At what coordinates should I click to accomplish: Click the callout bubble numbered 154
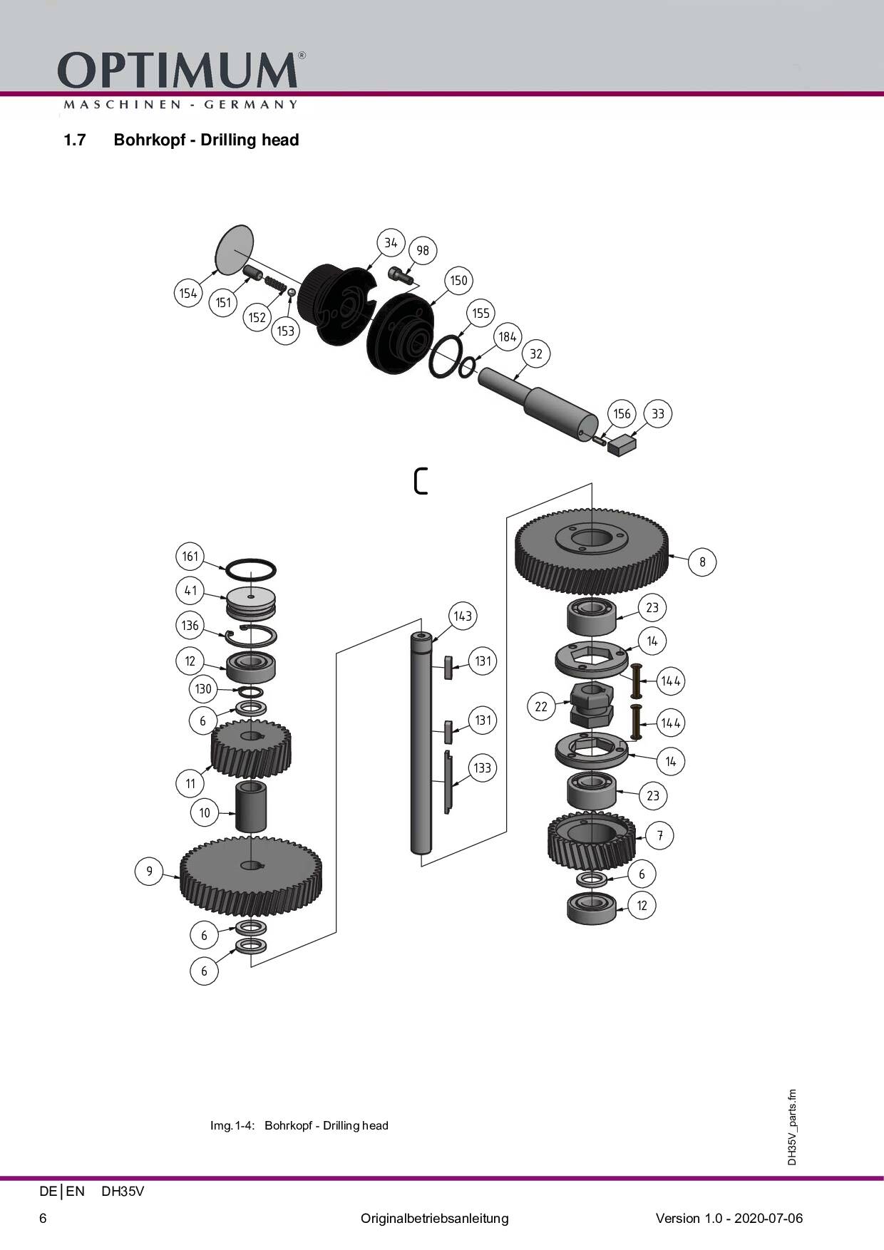point(188,293)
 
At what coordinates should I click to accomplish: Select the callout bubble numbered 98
point(423,250)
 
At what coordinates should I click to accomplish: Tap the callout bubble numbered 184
point(507,336)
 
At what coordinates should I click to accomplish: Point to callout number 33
point(657,413)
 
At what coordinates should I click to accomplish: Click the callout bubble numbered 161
point(190,556)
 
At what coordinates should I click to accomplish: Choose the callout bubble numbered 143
point(463,616)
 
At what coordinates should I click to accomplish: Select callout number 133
point(482,768)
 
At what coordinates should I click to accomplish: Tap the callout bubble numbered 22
point(541,706)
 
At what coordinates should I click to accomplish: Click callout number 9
point(149,871)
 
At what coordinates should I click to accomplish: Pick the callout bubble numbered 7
point(660,835)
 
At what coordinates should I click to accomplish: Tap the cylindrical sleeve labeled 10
point(251,806)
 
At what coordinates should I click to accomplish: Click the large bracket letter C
point(421,481)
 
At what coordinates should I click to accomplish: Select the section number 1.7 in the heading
point(74,140)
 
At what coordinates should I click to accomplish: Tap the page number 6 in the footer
point(43,1218)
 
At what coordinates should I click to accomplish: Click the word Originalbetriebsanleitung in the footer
point(434,1218)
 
